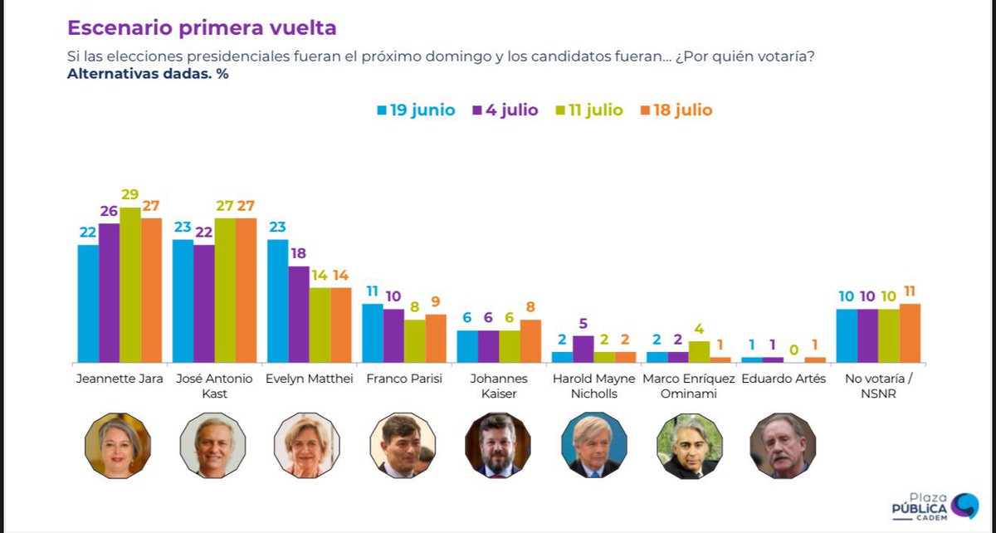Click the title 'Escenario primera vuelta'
pos(202,27)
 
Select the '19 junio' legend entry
pos(416,110)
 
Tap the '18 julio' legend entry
pos(676,110)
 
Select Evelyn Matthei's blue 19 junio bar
pos(277,301)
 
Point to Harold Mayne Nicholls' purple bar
pos(583,349)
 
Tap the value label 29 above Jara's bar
pos(130,195)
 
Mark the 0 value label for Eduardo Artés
pos(793,350)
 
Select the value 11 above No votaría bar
pos(910,291)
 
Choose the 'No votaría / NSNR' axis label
pos(878,386)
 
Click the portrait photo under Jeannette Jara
pos(118,445)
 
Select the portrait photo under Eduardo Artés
pos(782,445)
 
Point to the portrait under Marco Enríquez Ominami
pos(688,445)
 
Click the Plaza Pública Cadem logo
pos(934,506)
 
